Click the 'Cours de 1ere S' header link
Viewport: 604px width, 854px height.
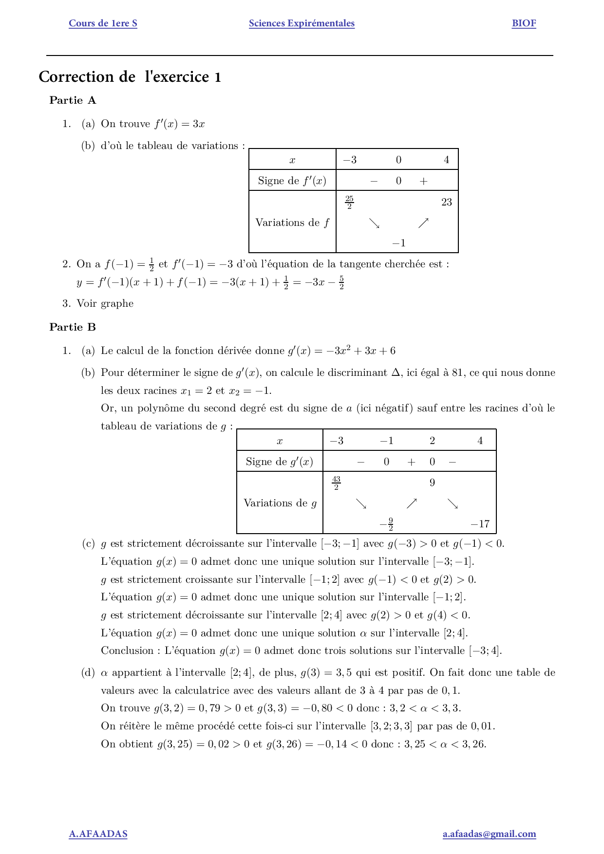pos(103,23)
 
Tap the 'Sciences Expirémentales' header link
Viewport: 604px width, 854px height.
pos(302,23)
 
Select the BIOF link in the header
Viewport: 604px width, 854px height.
pos(524,23)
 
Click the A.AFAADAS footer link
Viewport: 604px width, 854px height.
pos(98,834)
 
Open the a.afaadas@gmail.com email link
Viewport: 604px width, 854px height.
pos(489,834)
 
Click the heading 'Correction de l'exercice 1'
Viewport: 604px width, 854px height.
pos(130,77)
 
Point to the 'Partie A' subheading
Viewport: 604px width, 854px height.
pos(73,100)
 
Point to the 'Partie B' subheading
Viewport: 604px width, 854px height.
pos(73,327)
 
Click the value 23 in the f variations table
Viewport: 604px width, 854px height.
pos(446,202)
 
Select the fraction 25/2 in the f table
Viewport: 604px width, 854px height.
pos(349,202)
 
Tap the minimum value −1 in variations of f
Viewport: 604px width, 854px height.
pos(398,243)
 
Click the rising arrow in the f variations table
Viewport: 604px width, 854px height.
pos(423,223)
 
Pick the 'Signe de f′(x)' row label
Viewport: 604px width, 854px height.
pos(292,181)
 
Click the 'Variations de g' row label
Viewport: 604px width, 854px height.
pos(280,503)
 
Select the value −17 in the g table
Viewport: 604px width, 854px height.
pos(480,524)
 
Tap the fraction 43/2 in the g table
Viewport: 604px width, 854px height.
pos(336,483)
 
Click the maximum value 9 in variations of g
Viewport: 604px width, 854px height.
pos(432,483)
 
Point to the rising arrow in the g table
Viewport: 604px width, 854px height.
pos(412,503)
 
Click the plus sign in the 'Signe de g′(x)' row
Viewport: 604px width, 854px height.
pos(411,462)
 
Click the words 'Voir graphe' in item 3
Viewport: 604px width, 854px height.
pos(105,303)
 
